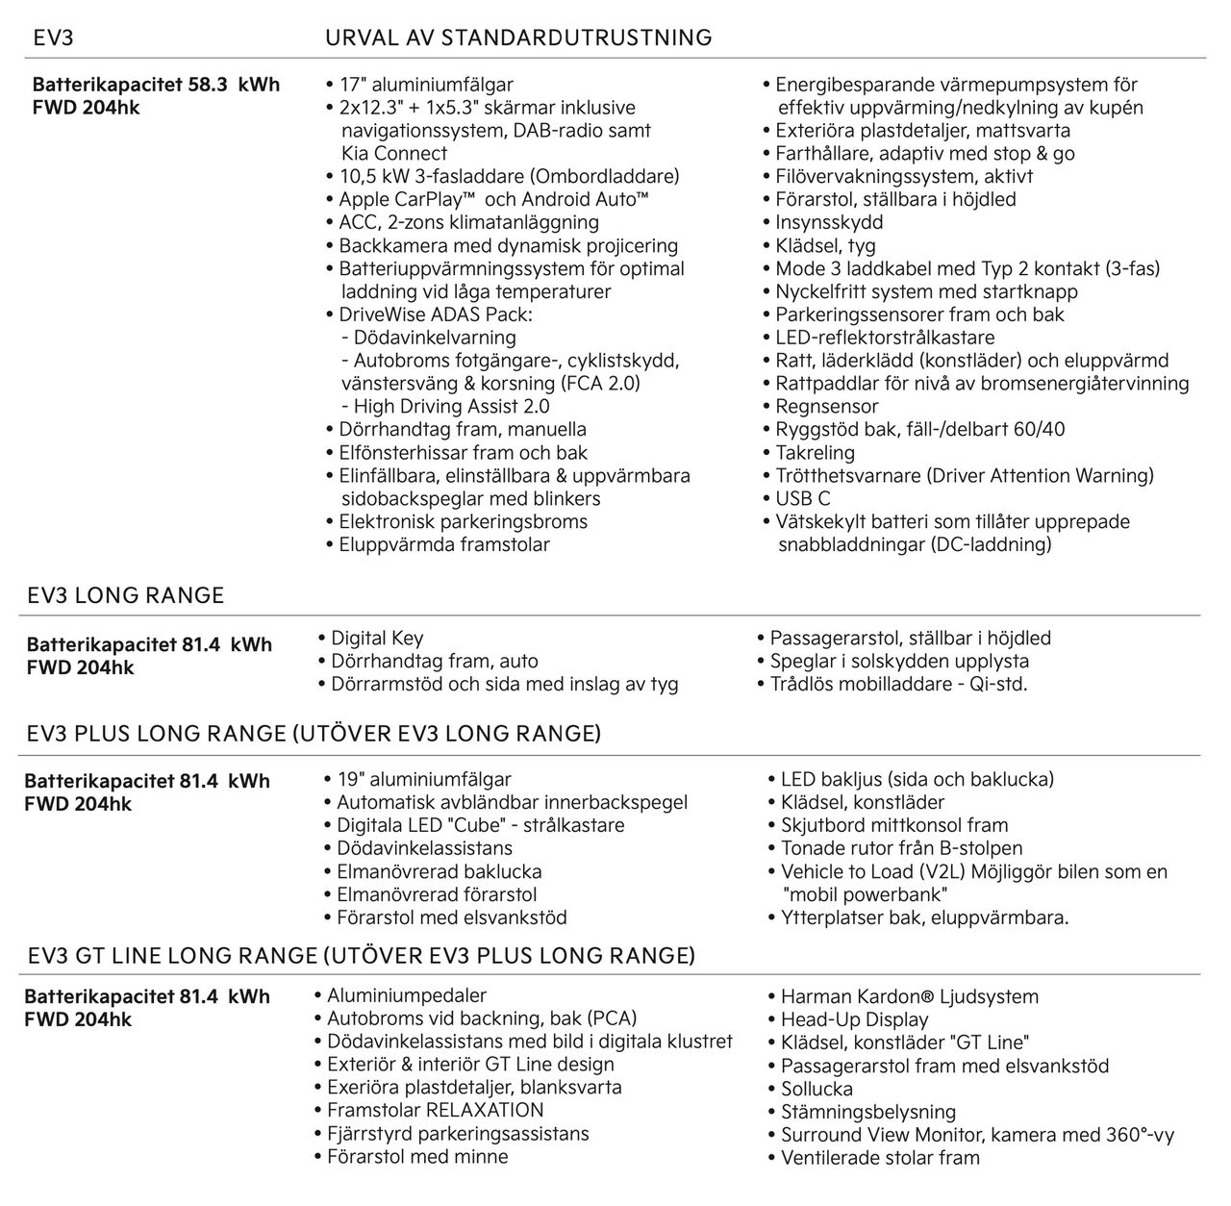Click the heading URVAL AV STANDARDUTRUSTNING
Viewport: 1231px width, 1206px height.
(519, 38)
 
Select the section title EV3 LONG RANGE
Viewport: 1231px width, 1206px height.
(126, 595)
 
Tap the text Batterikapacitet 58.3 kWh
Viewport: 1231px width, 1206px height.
(156, 85)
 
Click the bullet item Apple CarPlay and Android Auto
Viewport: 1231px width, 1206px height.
(493, 199)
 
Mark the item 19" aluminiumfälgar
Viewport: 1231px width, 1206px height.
(423, 779)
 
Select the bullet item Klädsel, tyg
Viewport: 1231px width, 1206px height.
(825, 245)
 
